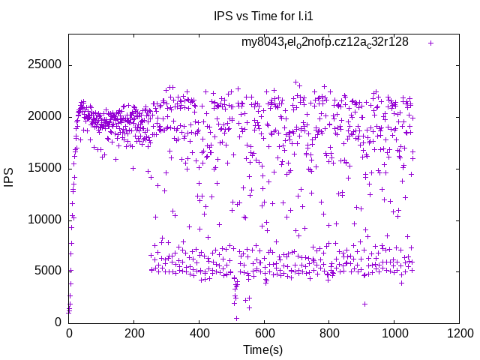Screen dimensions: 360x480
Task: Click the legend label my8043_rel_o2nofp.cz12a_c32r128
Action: point(325,42)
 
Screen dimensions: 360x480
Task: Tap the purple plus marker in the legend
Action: point(430,43)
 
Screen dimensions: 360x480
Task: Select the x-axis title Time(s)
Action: point(263,349)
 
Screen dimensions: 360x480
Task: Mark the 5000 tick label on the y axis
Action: point(46,271)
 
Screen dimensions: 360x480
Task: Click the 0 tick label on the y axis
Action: point(58,322)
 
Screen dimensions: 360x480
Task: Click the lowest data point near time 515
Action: point(236,318)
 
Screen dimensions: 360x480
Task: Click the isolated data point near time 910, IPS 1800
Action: point(365,304)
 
